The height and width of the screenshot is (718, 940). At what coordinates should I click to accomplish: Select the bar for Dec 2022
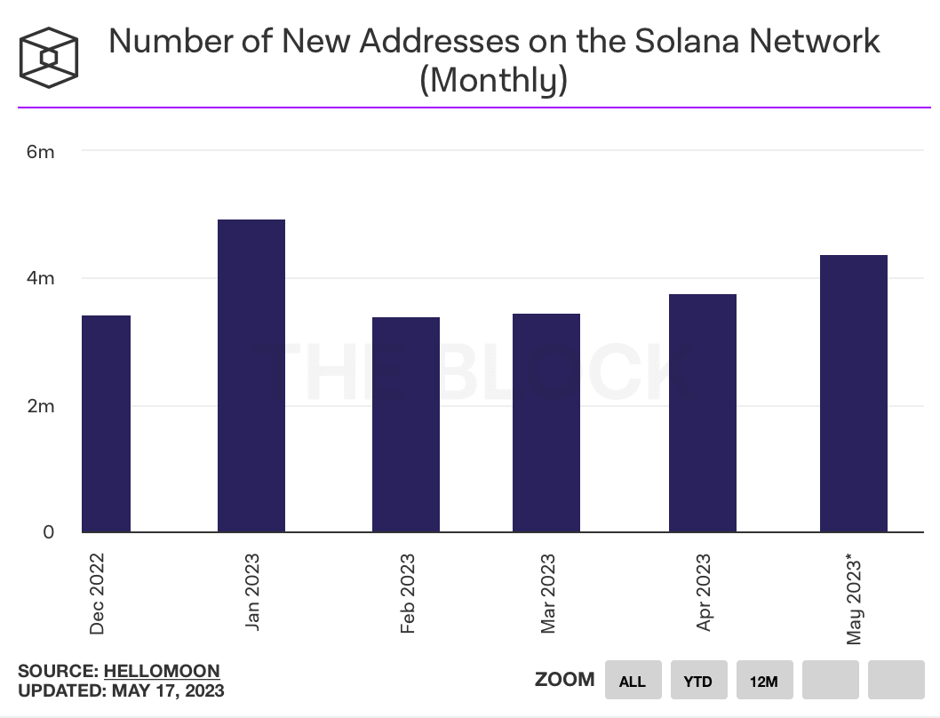coord(106,424)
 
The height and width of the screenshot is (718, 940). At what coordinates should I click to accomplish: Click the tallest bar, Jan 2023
coord(251,376)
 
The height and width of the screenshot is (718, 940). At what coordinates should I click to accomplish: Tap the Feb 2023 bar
coord(406,425)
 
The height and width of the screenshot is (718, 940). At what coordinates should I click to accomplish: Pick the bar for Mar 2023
coord(546,423)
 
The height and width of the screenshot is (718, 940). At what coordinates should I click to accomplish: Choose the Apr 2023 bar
coord(703,413)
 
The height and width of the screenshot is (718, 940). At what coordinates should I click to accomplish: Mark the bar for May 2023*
coord(854,394)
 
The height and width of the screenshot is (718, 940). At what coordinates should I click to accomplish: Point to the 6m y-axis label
coord(40,152)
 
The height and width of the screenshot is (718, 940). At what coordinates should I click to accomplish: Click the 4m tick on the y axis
coord(40,279)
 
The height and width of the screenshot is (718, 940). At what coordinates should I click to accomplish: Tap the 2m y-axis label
coord(40,406)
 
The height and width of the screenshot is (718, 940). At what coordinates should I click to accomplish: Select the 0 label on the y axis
coord(49,532)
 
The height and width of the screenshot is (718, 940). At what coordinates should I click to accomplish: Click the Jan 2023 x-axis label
coord(253,593)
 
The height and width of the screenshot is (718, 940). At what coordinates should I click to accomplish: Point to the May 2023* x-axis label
coord(855,599)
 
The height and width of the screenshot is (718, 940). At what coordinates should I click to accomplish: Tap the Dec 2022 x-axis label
coord(97,593)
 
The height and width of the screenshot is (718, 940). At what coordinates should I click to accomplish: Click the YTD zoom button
coord(698,682)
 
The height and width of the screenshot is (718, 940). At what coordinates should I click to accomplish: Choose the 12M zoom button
coord(764,682)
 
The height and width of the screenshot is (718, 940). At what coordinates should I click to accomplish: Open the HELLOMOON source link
coord(162,671)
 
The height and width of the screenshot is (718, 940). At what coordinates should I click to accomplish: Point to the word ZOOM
coord(564,680)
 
